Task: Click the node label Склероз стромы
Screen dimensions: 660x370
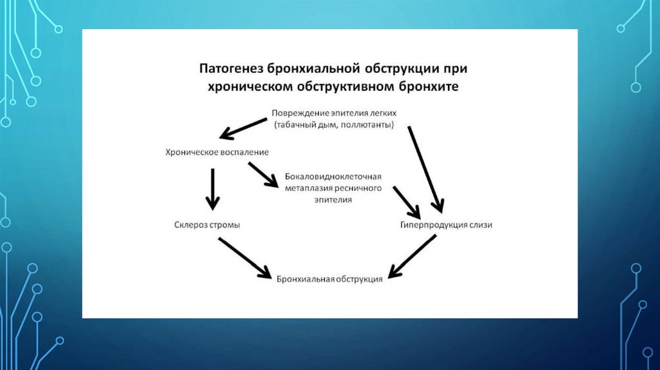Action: pyautogui.click(x=203, y=225)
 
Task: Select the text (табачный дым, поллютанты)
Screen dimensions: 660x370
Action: pyautogui.click(x=333, y=124)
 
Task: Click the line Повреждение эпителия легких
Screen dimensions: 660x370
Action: pyautogui.click(x=334, y=112)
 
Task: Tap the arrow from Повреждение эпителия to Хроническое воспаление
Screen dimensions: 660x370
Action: pyautogui.click(x=243, y=128)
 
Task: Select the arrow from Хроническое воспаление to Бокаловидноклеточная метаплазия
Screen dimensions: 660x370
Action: pyautogui.click(x=263, y=174)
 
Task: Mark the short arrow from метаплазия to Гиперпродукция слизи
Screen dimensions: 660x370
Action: pyautogui.click(x=407, y=202)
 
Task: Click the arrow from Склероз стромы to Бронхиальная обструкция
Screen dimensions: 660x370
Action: pyautogui.click(x=244, y=257)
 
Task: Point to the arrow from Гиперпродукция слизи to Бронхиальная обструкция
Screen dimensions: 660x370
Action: pyautogui.click(x=412, y=256)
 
